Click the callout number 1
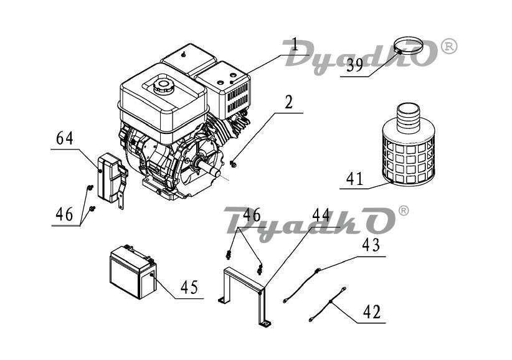click(x=295, y=45)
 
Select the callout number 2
click(x=288, y=102)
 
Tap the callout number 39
click(x=354, y=65)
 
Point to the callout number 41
click(x=354, y=179)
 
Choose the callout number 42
click(x=372, y=312)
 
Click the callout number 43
click(x=371, y=245)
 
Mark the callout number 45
click(x=189, y=287)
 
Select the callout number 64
click(x=65, y=138)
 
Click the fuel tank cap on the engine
click(x=163, y=86)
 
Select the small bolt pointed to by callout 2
click(x=233, y=164)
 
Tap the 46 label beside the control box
click(x=64, y=214)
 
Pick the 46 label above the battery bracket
click(x=252, y=215)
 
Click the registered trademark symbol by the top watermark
click(x=449, y=47)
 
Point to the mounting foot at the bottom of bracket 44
click(x=265, y=324)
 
